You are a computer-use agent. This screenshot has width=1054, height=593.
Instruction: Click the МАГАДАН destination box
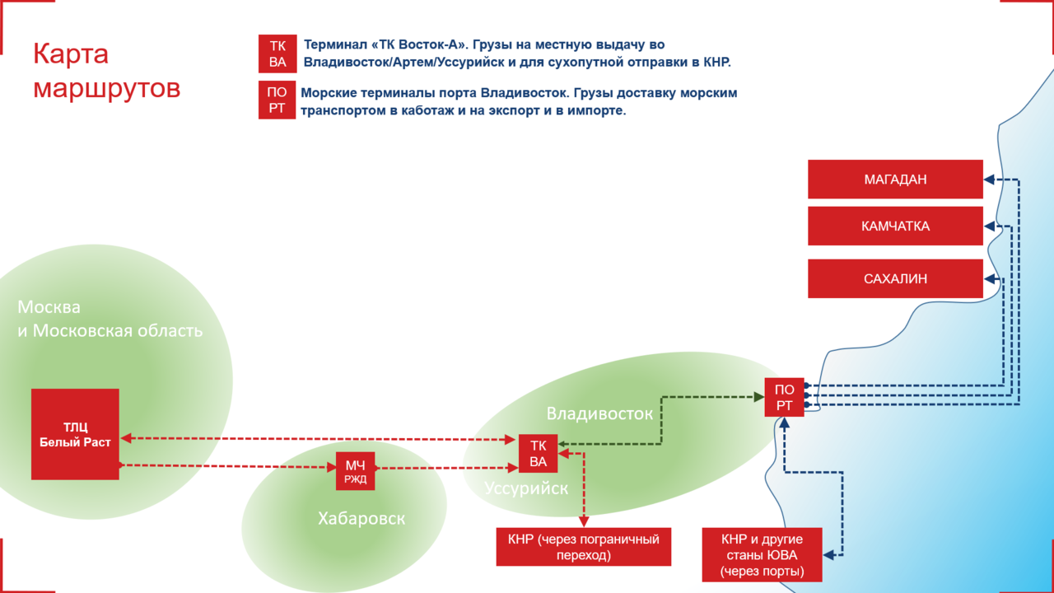(x=895, y=180)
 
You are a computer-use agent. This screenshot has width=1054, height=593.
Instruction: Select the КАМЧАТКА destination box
(x=895, y=226)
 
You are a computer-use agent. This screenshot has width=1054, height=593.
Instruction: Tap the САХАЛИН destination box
(x=895, y=278)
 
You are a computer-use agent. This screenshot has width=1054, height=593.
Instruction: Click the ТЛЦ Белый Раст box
(x=75, y=434)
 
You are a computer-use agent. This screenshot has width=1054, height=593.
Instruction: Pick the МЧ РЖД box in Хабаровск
(x=355, y=471)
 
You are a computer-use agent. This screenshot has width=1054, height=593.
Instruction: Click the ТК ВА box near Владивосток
(x=538, y=454)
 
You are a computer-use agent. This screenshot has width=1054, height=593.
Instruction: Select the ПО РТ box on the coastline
(x=784, y=397)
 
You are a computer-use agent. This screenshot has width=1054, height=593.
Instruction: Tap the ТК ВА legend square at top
(x=277, y=54)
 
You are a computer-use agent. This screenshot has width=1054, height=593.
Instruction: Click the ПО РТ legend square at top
(x=277, y=100)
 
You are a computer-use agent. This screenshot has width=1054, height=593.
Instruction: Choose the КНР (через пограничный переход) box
(x=584, y=547)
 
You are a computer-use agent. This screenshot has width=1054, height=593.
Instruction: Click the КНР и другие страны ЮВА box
(x=762, y=555)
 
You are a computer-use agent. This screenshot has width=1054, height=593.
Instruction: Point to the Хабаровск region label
(x=361, y=518)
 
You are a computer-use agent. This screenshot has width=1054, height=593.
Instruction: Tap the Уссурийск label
(x=526, y=488)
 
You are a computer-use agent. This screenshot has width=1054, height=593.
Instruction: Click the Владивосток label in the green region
(x=599, y=413)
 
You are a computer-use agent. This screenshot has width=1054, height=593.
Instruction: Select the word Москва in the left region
(x=49, y=307)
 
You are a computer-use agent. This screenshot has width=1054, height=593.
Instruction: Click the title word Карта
(x=71, y=54)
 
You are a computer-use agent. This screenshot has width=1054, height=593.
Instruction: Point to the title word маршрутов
(x=106, y=87)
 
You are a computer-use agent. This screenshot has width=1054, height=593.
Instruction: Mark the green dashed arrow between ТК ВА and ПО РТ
(x=661, y=420)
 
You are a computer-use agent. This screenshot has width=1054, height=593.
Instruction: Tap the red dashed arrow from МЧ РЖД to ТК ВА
(x=445, y=469)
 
